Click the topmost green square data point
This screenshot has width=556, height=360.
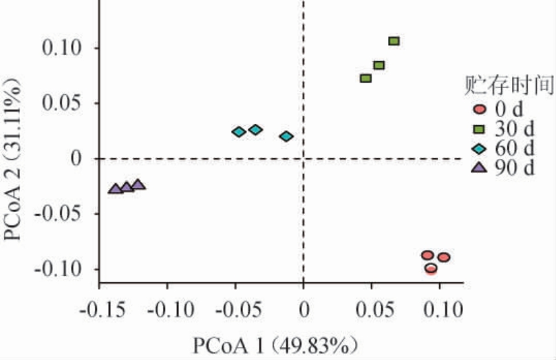click(394, 41)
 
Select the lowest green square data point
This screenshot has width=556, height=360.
click(365, 78)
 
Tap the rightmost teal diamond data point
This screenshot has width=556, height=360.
click(286, 136)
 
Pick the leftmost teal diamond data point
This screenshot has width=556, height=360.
click(238, 131)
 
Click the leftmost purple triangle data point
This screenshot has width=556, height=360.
click(115, 188)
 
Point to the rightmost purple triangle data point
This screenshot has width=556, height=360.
click(138, 184)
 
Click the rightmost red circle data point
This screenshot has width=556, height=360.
click(443, 257)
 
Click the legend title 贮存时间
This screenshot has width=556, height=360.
click(509, 85)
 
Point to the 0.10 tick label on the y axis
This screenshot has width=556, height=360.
click(63, 48)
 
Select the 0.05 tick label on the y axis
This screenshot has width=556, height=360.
click(63, 104)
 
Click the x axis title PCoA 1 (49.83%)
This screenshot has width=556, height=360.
click(275, 343)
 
